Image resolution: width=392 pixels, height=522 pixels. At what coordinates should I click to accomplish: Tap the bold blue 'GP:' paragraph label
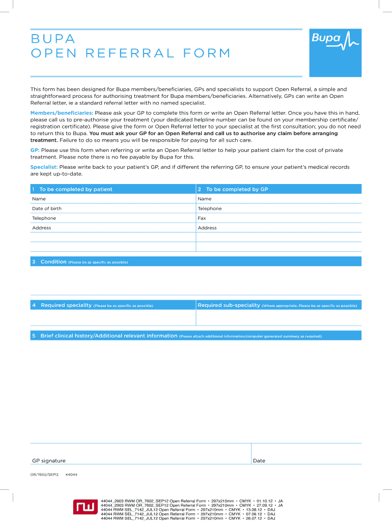[35, 150]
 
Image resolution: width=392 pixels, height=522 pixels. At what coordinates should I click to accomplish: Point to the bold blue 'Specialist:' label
[44, 167]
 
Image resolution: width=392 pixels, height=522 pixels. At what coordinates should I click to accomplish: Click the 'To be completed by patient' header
[75, 189]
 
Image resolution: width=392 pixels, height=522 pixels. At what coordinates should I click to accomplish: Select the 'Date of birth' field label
[46, 208]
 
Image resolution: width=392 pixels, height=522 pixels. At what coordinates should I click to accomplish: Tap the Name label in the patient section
[39, 199]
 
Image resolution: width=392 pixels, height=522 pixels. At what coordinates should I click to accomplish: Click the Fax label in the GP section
[202, 218]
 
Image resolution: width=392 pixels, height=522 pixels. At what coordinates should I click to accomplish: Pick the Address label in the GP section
[207, 228]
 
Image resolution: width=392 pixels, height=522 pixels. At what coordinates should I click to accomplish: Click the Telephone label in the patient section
[44, 218]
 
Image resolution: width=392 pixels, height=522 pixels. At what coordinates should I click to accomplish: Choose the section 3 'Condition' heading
[53, 262]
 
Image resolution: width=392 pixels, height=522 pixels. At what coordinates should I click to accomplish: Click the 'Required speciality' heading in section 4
[66, 305]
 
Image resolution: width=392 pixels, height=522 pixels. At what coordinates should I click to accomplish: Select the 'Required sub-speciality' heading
[229, 305]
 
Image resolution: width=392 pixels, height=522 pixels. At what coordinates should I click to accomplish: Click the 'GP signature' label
[49, 461]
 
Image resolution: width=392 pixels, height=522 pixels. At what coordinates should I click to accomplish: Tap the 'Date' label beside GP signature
[259, 461]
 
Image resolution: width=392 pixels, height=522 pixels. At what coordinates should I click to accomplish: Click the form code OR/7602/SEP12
[45, 475]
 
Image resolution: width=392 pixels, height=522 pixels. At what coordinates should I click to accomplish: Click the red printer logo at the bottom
[85, 507]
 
